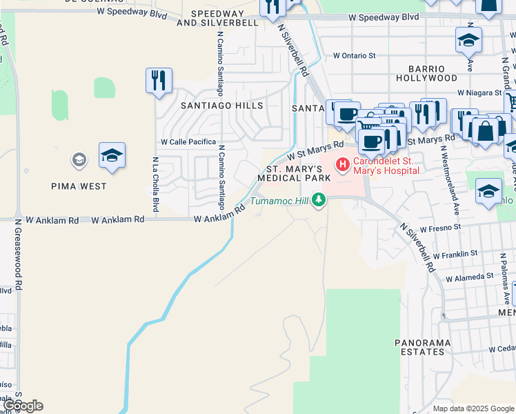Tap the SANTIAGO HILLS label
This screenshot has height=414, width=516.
(221, 106)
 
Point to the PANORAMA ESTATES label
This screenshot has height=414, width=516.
(423, 347)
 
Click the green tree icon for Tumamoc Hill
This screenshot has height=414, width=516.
(318, 200)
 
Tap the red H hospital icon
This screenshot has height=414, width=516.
(341, 165)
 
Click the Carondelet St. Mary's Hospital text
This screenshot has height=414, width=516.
(382, 166)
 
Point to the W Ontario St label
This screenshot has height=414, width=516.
(354, 55)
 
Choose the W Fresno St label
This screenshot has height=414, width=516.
(437, 227)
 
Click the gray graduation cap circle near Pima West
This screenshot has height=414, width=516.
(79, 161)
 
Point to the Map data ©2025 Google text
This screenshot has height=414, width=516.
(473, 408)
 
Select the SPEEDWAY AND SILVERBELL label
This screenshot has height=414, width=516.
(217, 18)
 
